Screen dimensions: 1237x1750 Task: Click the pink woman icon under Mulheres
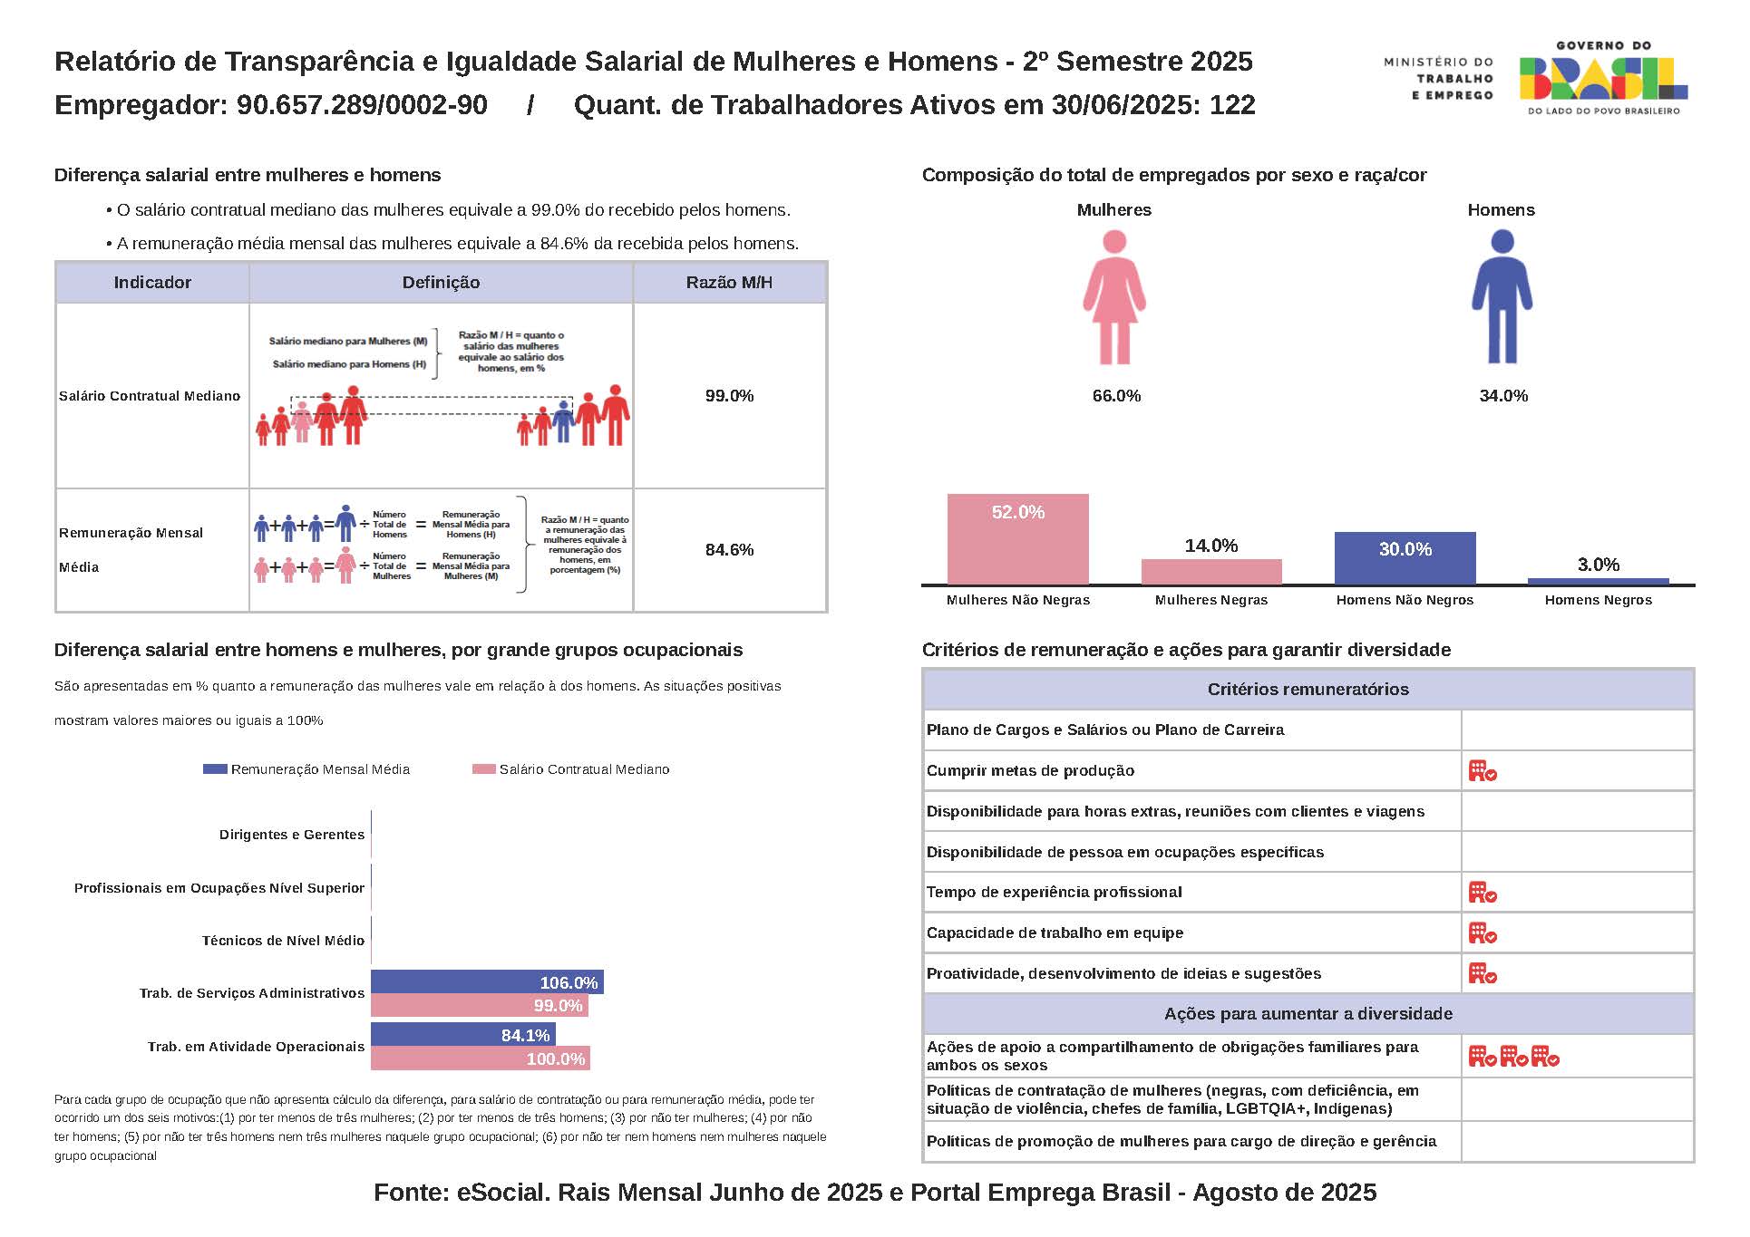coord(1114,297)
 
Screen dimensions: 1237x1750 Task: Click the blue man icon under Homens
coord(1502,297)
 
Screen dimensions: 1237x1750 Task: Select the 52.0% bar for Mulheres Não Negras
coord(1017,539)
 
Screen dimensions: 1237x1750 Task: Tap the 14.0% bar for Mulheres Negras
coord(1211,572)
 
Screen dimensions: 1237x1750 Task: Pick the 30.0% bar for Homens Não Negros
coord(1405,558)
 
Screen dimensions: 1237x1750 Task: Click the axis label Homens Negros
coord(1598,600)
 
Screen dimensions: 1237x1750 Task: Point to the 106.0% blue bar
coord(487,982)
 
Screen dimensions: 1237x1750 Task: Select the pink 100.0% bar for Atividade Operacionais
coord(481,1058)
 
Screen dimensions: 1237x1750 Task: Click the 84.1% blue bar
coord(462,1035)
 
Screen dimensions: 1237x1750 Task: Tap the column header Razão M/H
coord(729,283)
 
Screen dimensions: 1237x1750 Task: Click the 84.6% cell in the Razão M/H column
coord(729,550)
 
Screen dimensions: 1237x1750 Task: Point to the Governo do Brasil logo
coord(1602,78)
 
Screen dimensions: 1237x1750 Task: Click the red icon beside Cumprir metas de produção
coord(1483,771)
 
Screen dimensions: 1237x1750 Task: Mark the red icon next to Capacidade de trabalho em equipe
coord(1483,933)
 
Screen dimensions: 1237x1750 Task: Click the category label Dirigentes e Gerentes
coord(291,835)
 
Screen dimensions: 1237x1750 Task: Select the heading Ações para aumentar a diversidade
coord(1308,1014)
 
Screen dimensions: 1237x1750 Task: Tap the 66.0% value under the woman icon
coord(1116,396)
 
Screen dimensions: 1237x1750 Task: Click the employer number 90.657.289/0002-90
coord(362,105)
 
